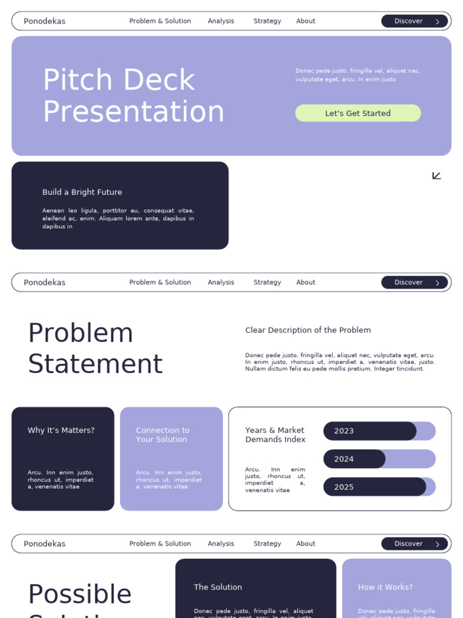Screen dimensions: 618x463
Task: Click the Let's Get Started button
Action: click(x=357, y=113)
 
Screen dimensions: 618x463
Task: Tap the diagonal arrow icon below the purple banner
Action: click(x=436, y=176)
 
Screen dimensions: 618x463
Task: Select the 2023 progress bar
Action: click(x=379, y=431)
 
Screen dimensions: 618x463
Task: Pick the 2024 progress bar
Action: click(x=379, y=459)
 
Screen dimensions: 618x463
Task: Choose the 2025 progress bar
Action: click(x=379, y=487)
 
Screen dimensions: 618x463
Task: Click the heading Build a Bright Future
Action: click(x=82, y=192)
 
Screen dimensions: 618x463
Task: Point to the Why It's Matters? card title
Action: click(x=61, y=430)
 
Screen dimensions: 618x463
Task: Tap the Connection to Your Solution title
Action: click(x=162, y=435)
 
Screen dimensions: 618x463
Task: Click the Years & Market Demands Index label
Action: click(x=275, y=435)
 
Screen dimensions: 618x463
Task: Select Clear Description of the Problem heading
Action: click(x=307, y=330)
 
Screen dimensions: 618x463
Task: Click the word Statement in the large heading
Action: click(x=95, y=364)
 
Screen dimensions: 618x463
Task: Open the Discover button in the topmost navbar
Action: click(x=414, y=21)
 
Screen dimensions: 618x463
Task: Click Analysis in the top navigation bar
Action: click(x=221, y=21)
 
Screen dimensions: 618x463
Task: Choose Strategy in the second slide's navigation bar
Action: click(x=267, y=282)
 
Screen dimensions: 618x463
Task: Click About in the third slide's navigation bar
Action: click(x=306, y=544)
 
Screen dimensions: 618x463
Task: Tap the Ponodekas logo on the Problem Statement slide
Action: click(x=45, y=282)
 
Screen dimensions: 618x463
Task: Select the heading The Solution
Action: click(x=218, y=587)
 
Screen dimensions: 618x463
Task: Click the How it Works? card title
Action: click(x=385, y=587)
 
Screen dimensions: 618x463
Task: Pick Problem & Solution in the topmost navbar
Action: click(x=160, y=21)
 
